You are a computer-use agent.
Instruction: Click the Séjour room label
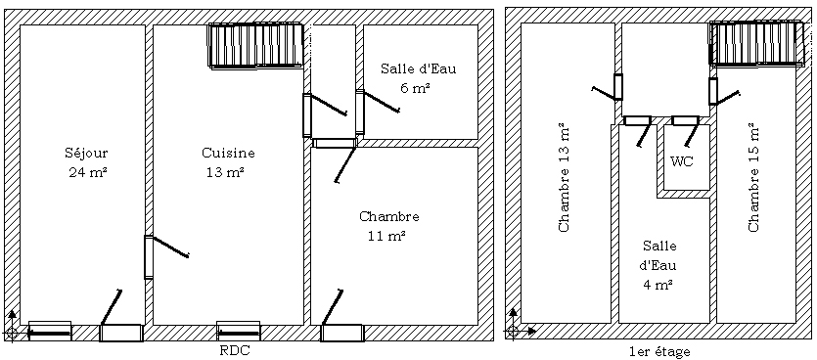(86, 154)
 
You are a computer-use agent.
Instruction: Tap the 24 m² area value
(87, 172)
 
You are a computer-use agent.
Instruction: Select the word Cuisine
(228, 154)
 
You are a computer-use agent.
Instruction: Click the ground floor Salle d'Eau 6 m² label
(418, 78)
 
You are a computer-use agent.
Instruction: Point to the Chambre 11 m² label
(388, 226)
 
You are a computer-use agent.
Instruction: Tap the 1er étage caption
(659, 351)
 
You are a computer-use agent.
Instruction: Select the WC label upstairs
(682, 161)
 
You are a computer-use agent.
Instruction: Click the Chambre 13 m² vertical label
(564, 177)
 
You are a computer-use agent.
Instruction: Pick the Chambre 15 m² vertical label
(753, 177)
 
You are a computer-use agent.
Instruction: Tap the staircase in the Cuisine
(255, 45)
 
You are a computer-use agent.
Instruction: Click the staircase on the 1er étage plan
(756, 43)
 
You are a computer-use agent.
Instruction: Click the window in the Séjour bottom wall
(50, 331)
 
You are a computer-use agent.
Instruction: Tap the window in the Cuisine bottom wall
(238, 331)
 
